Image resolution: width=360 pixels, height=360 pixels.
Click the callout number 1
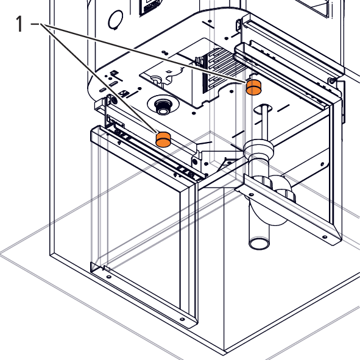pos(19,24)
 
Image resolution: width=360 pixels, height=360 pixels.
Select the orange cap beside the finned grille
pos(253,87)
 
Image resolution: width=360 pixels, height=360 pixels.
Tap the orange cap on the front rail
pos(163,139)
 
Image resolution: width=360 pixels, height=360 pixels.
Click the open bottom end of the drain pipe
pos(259,244)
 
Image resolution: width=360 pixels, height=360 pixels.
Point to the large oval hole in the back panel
pos(116,19)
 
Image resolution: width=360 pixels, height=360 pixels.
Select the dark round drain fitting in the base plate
pos(163,107)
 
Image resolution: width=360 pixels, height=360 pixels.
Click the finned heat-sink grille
pos(224,69)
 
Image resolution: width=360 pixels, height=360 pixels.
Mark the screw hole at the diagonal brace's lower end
pos(325,237)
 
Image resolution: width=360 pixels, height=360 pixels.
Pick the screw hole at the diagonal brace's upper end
pos(252,195)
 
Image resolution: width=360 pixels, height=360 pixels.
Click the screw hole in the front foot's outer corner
pos(182,319)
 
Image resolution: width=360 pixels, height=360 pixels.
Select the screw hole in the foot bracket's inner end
pos(109,277)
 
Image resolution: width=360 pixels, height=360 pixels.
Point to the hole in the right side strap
pos(323,164)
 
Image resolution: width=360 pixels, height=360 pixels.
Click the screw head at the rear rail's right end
pos(331,80)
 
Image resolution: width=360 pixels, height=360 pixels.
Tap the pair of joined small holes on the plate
pos(164,53)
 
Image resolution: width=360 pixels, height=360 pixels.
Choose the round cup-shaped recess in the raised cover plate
pos(156,79)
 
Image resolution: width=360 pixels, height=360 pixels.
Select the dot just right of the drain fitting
pos(194,113)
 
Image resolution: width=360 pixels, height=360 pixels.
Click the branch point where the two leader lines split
pos(41,24)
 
